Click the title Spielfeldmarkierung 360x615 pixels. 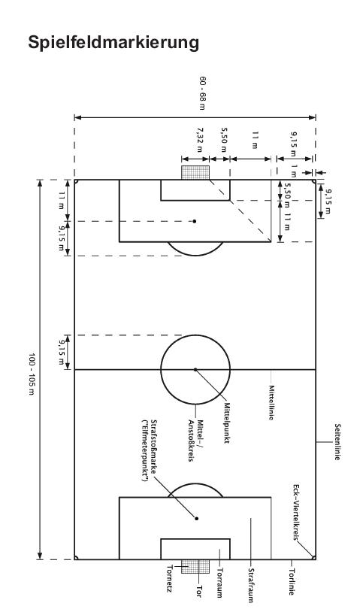[x=113, y=43]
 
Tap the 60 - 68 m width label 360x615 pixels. [x=202, y=93]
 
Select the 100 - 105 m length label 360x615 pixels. [x=32, y=374]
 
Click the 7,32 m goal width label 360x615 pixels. [x=200, y=140]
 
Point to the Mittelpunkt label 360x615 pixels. [x=227, y=423]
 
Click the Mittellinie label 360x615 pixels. [x=271, y=402]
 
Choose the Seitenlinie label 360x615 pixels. [x=337, y=441]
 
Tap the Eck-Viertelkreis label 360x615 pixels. [x=296, y=513]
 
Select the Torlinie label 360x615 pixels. [x=291, y=582]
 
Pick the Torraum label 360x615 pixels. [x=220, y=583]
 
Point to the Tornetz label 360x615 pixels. [x=171, y=578]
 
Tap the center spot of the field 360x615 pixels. [x=195, y=369]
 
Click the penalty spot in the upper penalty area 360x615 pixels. [x=194, y=221]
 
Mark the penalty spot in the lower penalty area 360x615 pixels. [x=196, y=519]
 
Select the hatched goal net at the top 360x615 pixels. [x=195, y=173]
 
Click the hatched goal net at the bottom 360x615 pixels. [x=195, y=566]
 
